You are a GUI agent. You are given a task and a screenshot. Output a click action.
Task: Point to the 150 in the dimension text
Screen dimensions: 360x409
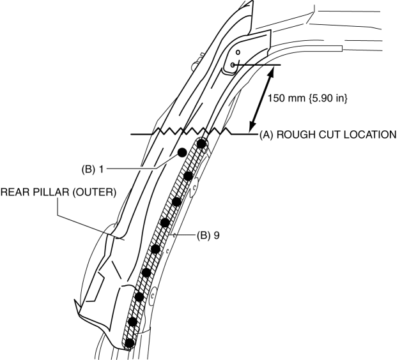[x=276, y=99]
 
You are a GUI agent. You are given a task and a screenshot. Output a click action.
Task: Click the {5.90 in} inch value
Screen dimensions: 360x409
[x=323, y=99]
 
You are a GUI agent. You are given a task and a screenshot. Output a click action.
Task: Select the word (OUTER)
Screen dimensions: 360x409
[x=95, y=192]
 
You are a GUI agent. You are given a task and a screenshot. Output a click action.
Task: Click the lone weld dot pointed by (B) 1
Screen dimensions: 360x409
[x=182, y=152]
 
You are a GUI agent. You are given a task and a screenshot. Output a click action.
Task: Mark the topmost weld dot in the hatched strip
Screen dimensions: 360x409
[x=202, y=144]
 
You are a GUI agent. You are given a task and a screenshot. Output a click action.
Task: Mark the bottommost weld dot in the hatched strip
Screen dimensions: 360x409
[x=130, y=343]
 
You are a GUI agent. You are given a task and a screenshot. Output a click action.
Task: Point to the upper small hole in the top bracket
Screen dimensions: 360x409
[x=237, y=52]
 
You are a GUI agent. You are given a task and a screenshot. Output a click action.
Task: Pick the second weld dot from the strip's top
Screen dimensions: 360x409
[x=189, y=175]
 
